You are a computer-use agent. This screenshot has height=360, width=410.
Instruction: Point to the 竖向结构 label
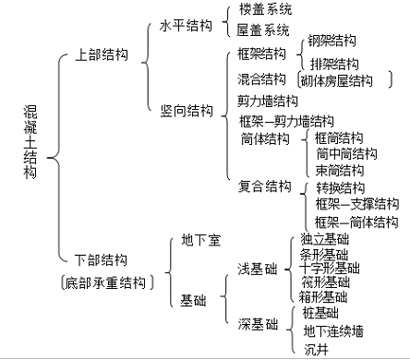185,110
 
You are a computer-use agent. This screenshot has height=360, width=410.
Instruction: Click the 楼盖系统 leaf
265,9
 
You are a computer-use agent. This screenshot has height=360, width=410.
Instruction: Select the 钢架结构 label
333,42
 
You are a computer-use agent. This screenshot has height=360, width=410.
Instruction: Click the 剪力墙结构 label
268,101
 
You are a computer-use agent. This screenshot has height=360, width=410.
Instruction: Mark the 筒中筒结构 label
346,153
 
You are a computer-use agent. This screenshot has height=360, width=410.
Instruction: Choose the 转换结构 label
340,187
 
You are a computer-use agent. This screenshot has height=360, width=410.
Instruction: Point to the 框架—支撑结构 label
357,204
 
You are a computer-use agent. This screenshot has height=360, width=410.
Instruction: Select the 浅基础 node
258,269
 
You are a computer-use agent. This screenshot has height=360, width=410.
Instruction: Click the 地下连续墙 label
339,330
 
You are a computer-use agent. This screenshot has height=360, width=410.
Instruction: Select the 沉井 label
317,348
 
